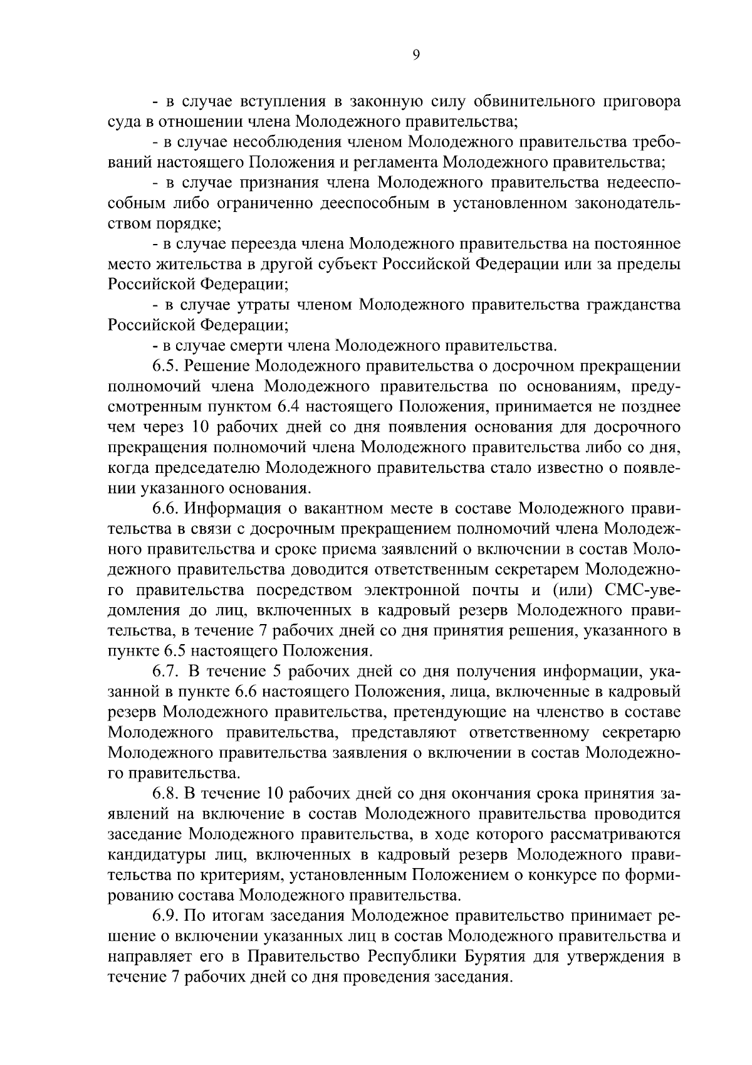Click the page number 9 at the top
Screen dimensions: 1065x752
pos(417,55)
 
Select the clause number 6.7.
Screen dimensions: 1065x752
pos(166,672)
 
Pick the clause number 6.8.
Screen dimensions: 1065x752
pos(166,794)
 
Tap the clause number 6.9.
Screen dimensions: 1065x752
pos(166,916)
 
